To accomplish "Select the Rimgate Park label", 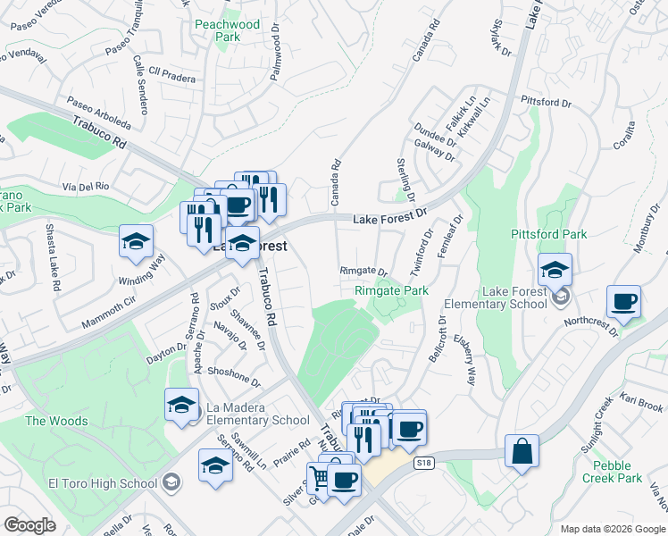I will pyautogui.click(x=391, y=290).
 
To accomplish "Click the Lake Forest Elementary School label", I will pyautogui.click(x=514, y=297).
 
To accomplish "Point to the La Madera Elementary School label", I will pyautogui.click(x=258, y=414).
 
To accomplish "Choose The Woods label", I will pyautogui.click(x=49, y=421).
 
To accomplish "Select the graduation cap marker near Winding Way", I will pyautogui.click(x=137, y=242).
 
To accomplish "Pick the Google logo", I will pyautogui.click(x=30, y=525).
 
